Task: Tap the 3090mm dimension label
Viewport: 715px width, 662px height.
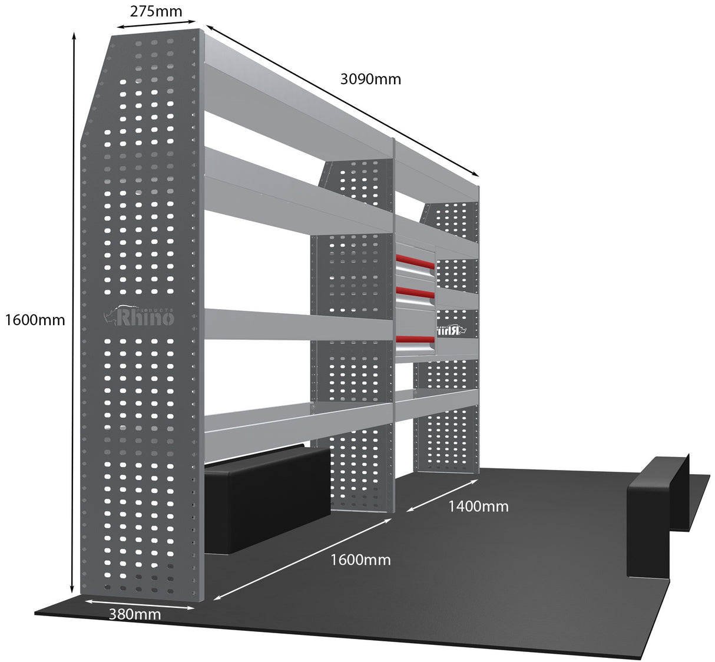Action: coord(370,79)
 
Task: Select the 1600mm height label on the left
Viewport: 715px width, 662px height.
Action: coord(35,320)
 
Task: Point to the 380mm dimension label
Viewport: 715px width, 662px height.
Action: coord(135,614)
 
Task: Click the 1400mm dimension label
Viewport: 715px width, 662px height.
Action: coord(478,506)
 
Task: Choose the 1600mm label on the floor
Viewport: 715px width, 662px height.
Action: coord(360,560)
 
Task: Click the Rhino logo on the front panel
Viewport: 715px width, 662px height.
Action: coord(140,316)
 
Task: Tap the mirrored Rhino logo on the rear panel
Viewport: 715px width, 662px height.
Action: coord(451,330)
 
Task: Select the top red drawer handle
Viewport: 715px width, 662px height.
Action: coord(415,262)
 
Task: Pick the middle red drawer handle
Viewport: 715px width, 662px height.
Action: coord(415,292)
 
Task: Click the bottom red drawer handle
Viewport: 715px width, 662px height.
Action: coord(415,340)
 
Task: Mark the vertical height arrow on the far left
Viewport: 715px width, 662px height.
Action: coord(73,312)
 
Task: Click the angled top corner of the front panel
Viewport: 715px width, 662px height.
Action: coord(96,88)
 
